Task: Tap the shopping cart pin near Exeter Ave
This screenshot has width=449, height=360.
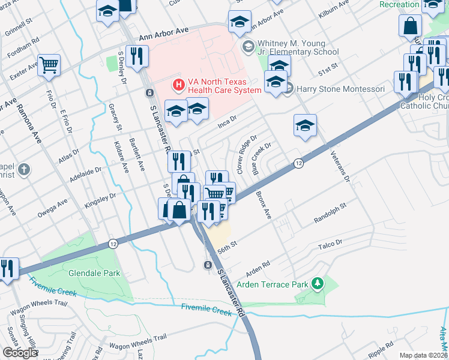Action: [x=49, y=65]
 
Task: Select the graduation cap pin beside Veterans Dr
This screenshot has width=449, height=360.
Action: [x=305, y=125]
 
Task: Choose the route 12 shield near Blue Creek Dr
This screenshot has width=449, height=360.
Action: [x=298, y=163]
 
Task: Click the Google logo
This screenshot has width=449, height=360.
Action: [x=20, y=353]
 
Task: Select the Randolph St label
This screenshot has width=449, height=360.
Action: [x=331, y=213]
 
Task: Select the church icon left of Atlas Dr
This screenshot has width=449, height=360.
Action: [x=23, y=170]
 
